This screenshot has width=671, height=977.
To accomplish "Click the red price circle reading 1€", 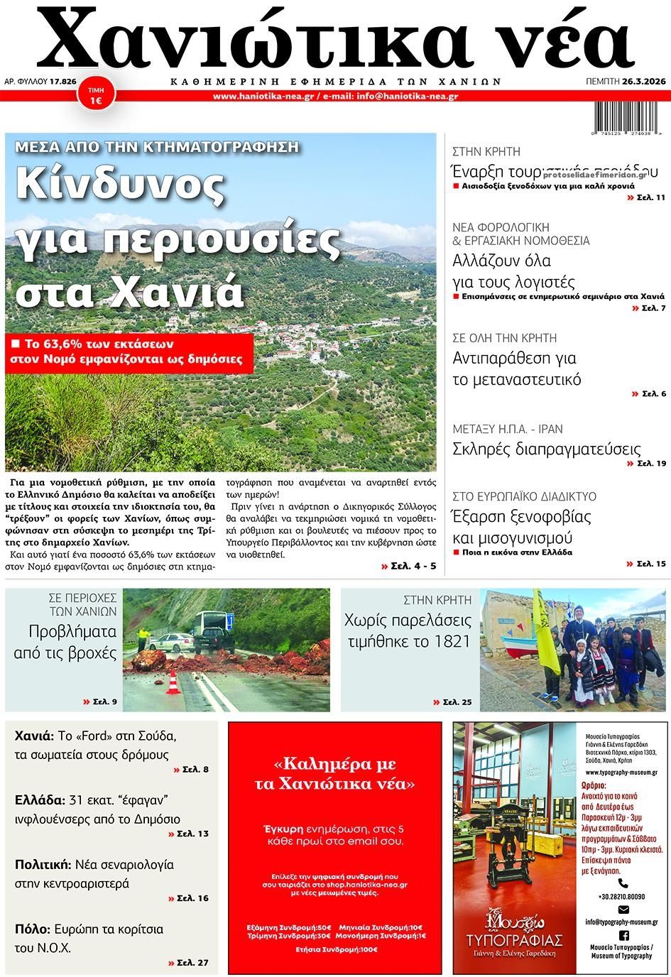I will [x=94, y=98].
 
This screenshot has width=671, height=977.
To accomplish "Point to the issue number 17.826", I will [x=63, y=82].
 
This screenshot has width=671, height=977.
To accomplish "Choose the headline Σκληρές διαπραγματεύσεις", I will [x=547, y=449].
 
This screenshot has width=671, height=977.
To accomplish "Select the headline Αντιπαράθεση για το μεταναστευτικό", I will [x=517, y=369].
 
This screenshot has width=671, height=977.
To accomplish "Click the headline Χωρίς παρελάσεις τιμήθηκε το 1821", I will [x=408, y=631].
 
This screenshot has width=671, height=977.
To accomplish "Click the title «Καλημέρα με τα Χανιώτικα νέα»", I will [x=334, y=774].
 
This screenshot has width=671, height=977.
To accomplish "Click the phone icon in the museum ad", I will [x=622, y=883].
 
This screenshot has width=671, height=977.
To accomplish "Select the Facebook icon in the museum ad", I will [x=623, y=937].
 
